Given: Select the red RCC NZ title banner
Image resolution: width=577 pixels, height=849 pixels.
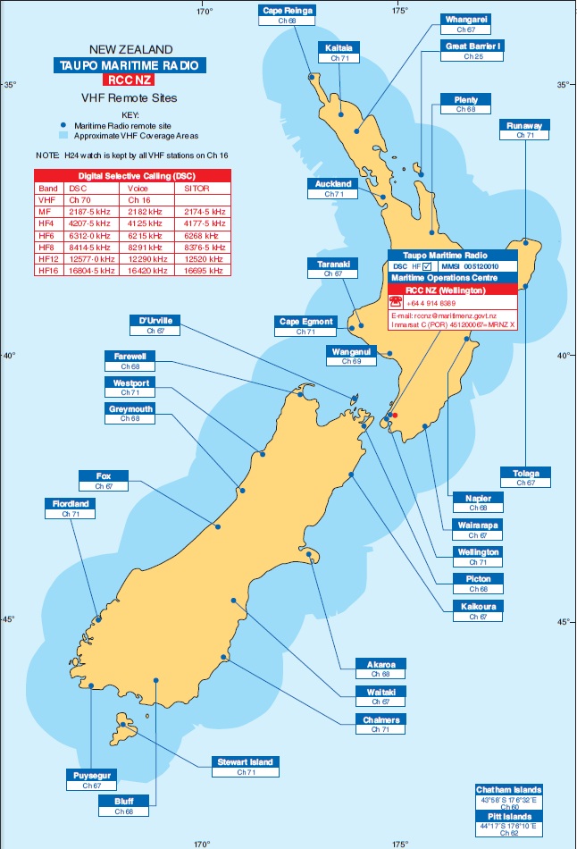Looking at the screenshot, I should (x=130, y=80).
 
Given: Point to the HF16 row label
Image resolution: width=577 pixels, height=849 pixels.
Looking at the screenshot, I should (x=48, y=269).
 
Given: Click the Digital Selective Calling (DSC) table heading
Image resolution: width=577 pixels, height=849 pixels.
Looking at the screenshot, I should (x=133, y=176).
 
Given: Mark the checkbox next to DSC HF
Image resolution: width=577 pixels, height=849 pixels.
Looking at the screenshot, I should (x=428, y=266).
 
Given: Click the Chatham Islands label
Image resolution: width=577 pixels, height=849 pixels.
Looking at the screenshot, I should (x=508, y=790).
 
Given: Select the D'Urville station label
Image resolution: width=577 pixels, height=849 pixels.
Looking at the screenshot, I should (x=156, y=320).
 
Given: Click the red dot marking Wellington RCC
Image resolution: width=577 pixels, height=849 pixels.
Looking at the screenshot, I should (x=394, y=415).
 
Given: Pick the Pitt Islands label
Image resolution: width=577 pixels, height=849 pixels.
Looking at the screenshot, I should (x=508, y=817).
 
